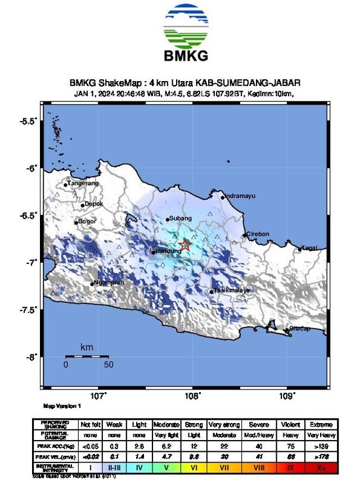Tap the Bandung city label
(x=168, y=251)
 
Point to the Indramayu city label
(x=240, y=196)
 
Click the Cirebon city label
(x=259, y=234)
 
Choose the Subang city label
(x=182, y=218)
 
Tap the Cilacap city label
(x=300, y=329)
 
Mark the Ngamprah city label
(x=107, y=282)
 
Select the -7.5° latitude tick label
(x=29, y=310)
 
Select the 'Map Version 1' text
(x=62, y=406)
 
